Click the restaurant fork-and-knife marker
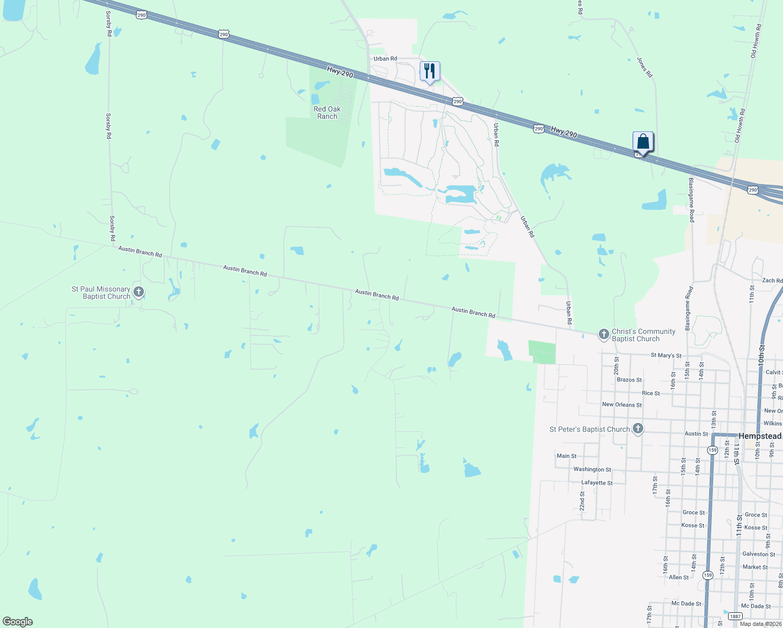(x=429, y=71)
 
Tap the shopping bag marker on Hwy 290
(x=643, y=141)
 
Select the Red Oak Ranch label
(x=327, y=113)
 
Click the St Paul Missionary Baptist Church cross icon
(x=138, y=292)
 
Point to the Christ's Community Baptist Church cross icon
(x=603, y=334)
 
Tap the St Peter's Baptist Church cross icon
(x=637, y=429)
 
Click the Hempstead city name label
(x=760, y=436)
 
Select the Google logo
(x=18, y=622)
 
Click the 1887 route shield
(x=734, y=616)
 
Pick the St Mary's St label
(x=666, y=355)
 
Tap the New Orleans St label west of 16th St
(x=622, y=405)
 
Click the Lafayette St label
(x=597, y=483)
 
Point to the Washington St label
(x=592, y=469)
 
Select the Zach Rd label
(x=772, y=281)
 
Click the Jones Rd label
(x=645, y=68)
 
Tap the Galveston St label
(x=758, y=554)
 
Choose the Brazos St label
(x=629, y=380)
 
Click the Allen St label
(x=679, y=577)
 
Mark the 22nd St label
(x=582, y=501)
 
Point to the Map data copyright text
(x=760, y=624)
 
